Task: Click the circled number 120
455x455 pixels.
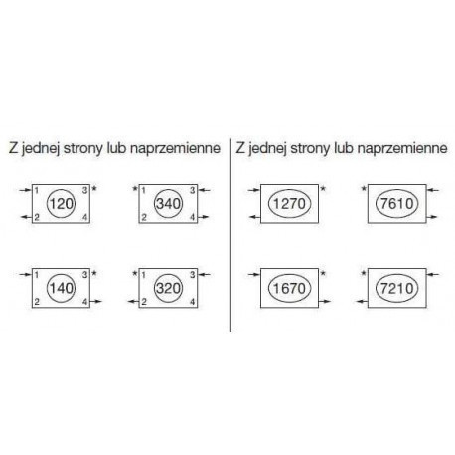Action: (x=62, y=204)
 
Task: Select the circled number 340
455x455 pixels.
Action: (x=169, y=204)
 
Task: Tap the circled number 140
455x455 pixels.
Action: (x=62, y=288)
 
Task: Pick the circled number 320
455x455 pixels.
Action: (x=169, y=288)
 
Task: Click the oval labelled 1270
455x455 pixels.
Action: (x=289, y=204)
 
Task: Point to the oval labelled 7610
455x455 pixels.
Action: (x=397, y=204)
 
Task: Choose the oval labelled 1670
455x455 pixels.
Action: (x=289, y=288)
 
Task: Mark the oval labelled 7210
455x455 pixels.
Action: (x=397, y=288)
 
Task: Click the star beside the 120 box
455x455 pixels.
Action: (x=94, y=189)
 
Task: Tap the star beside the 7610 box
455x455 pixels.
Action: (x=364, y=189)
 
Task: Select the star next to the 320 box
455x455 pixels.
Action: (x=135, y=274)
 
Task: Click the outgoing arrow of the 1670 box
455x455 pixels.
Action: (x=325, y=301)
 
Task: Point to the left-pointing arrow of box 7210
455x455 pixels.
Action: (x=362, y=301)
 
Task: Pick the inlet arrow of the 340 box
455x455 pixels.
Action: (x=204, y=190)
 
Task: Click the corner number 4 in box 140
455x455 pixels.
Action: (x=85, y=302)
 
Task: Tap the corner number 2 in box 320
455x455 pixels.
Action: (x=144, y=302)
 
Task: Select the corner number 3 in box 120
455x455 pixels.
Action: (x=85, y=190)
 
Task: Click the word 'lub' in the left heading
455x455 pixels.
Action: (x=116, y=148)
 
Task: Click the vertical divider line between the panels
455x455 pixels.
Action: (x=230, y=234)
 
